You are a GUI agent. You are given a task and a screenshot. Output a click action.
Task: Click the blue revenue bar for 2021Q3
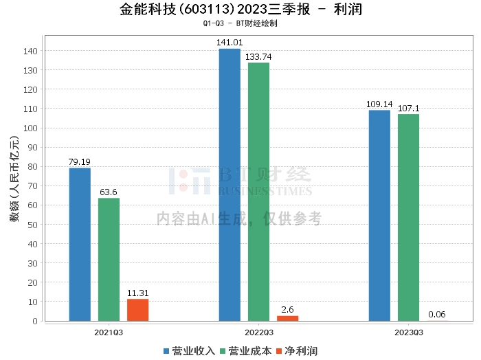[x=80, y=245]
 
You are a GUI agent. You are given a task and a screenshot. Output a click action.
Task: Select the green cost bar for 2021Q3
[x=109, y=260]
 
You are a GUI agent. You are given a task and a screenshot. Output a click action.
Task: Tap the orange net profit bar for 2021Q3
[x=137, y=310]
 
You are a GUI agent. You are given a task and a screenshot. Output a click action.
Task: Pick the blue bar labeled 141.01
[x=230, y=185]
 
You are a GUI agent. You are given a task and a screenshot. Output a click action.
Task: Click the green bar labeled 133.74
[x=258, y=192]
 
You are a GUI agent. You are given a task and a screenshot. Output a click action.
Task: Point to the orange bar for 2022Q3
[x=288, y=318]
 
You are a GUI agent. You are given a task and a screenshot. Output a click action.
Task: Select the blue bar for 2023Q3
[x=379, y=216]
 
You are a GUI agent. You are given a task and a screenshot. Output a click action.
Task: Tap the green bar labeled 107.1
[x=408, y=218]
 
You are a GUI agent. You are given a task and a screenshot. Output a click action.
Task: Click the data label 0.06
[x=437, y=314]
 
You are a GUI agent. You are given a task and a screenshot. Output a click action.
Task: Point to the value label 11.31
[x=137, y=293]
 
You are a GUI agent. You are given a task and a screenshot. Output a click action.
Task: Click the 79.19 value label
[x=80, y=162]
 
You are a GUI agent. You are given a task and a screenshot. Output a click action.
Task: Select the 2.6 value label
[x=287, y=310]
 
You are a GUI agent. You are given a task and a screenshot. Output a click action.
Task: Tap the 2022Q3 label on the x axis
[x=259, y=333]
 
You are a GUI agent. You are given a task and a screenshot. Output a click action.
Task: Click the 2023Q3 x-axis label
[x=409, y=333]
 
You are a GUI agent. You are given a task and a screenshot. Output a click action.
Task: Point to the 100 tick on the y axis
[x=30, y=128]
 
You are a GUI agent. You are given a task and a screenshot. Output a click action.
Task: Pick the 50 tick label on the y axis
[x=32, y=225]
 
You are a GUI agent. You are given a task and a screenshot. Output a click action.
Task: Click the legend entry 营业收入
[x=190, y=351]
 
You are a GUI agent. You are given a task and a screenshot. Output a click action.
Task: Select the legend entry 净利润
[x=297, y=351]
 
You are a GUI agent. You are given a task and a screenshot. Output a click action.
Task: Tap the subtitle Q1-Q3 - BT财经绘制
[x=240, y=23]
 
